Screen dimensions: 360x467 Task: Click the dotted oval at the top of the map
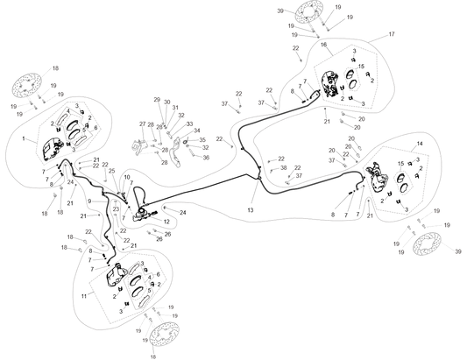coord(308,11)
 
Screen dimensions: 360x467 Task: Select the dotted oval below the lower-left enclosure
coord(163,332)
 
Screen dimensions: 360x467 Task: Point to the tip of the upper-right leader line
coord(386,34)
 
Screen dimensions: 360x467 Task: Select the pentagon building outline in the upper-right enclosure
coord(344,79)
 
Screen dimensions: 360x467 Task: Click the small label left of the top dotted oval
coord(279,11)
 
